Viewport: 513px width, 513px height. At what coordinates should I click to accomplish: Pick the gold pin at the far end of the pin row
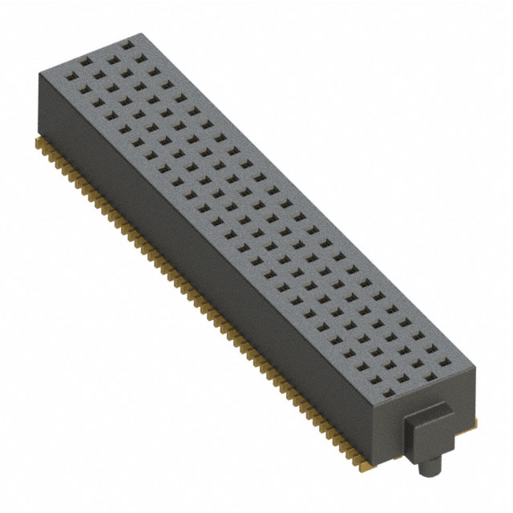tap(39, 143)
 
